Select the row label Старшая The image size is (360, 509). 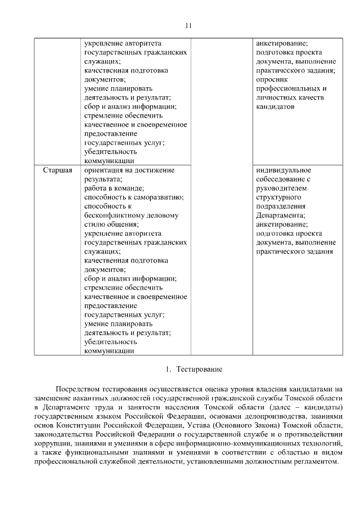coord(58,170)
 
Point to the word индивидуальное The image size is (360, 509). coord(282,170)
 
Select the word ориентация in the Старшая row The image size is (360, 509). coord(103,170)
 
